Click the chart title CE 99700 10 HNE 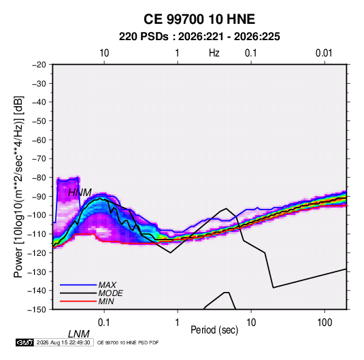[199, 19]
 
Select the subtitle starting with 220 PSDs [199, 37]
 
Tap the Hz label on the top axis [214, 53]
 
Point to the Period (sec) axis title [214, 330]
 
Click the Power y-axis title [18, 187]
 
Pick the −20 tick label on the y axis [39, 65]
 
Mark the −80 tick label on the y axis [39, 178]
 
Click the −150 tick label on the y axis [37, 310]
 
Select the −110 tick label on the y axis [37, 234]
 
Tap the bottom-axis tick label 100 [325, 323]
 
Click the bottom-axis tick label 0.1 [104, 323]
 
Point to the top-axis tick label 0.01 [324, 53]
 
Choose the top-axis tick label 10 [104, 53]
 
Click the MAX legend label [107, 284]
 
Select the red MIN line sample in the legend [78, 301]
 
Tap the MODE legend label [110, 293]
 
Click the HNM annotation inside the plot [80, 193]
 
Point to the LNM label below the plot [79, 334]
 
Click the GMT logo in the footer [25, 342]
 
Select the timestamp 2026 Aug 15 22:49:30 [63, 342]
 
